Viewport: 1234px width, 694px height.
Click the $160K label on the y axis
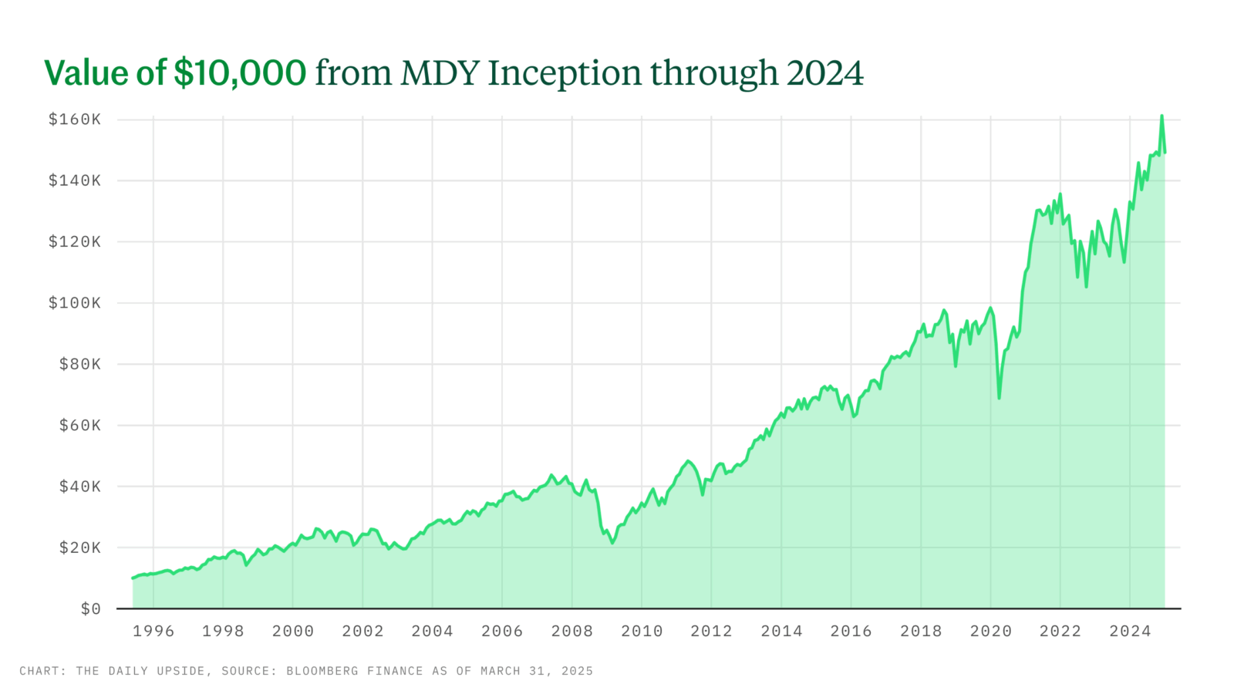[x=74, y=120]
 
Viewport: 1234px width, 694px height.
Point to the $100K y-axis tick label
[x=74, y=303]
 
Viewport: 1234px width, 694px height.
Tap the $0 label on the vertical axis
[x=90, y=609]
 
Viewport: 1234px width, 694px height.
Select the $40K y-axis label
[x=79, y=487]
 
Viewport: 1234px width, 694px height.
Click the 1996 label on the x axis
[x=153, y=632]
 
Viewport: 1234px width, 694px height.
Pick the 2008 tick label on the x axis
[x=571, y=632]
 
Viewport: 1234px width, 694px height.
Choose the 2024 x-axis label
[x=1130, y=632]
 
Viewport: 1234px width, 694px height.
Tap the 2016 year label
[x=851, y=632]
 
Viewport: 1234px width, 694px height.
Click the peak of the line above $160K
[x=1162, y=116]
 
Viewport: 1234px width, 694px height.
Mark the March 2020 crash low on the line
[x=999, y=398]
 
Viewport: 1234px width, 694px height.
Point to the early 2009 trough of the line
[x=612, y=543]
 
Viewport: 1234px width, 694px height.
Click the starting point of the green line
[x=133, y=578]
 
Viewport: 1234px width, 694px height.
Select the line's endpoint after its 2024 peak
[x=1165, y=153]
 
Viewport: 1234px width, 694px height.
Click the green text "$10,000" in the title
[x=240, y=73]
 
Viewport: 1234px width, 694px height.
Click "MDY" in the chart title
[x=440, y=73]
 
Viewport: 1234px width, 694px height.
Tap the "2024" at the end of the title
[x=824, y=73]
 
